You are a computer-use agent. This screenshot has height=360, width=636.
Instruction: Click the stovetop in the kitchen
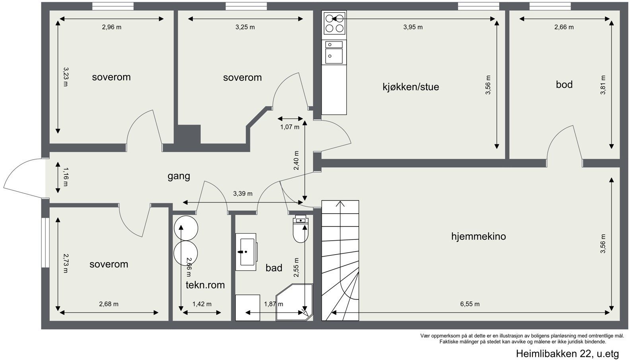(334, 23)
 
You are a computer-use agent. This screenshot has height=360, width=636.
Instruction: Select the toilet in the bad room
(301, 231)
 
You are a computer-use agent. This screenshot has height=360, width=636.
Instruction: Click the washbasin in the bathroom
(246, 252)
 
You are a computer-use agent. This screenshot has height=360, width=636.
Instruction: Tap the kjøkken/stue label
(411, 87)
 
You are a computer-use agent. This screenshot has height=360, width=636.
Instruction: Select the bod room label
(564, 84)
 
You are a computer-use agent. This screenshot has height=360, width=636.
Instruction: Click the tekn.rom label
(205, 285)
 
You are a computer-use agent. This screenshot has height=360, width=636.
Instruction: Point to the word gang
(178, 176)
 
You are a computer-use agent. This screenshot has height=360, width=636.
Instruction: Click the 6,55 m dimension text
(470, 304)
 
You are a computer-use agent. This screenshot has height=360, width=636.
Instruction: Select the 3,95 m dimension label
(413, 27)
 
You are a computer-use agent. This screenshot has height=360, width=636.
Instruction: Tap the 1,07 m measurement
(290, 127)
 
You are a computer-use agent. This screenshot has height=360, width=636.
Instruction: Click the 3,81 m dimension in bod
(603, 85)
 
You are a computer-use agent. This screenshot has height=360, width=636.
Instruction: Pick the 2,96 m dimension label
(112, 27)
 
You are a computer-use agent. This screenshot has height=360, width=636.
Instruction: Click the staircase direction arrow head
(340, 204)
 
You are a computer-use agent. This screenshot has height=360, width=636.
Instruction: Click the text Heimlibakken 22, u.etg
(567, 353)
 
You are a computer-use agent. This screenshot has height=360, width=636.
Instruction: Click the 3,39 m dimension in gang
(242, 194)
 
